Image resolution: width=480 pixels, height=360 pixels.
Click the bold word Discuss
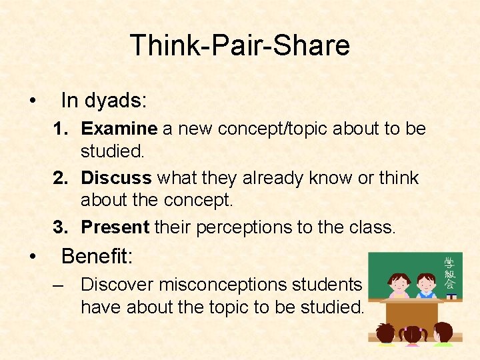[x=116, y=178]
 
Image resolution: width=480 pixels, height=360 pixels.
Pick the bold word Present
[x=115, y=227]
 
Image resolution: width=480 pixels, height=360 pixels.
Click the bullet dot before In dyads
[x=32, y=101]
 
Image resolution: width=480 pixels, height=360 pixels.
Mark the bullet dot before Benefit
[x=32, y=257]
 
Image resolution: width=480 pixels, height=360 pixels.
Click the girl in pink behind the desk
[x=400, y=285]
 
